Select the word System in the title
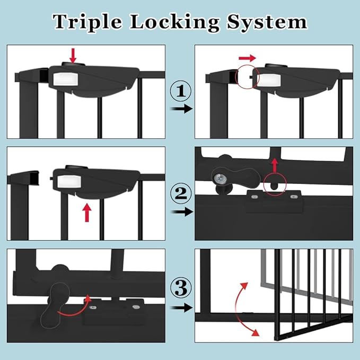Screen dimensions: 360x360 click(x=268, y=22)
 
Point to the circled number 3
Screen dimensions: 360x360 click(x=180, y=289)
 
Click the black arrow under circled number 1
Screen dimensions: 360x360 click(x=180, y=109)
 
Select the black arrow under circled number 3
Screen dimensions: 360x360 click(x=180, y=308)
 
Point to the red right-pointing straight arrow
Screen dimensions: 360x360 click(x=248, y=57)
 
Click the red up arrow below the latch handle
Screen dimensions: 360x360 click(x=87, y=213)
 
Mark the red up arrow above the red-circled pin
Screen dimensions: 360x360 click(x=274, y=164)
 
